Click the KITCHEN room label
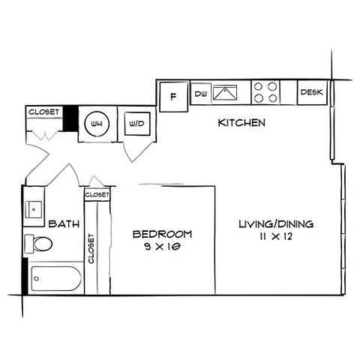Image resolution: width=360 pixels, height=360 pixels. click(241, 123)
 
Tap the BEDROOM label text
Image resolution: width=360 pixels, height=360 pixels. click(162, 234)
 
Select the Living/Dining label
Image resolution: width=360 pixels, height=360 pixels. click(276, 224)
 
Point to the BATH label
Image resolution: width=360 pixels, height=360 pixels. click(64, 223)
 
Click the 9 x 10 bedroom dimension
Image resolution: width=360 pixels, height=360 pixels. click(162, 247)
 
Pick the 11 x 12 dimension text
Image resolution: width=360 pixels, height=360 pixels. click(276, 236)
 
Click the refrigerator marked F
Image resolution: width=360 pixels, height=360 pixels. click(173, 97)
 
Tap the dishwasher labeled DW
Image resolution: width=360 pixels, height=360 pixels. click(201, 94)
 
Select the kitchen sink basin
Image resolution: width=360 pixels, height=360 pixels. click(225, 92)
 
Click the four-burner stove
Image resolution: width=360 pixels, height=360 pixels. click(265, 92)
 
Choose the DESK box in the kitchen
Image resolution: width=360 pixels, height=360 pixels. click(312, 92)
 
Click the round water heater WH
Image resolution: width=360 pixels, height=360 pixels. click(97, 124)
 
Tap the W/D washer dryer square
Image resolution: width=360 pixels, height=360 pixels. click(137, 124)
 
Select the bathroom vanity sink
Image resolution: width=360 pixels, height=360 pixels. click(34, 209)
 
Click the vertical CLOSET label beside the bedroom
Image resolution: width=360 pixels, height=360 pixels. click(91, 249)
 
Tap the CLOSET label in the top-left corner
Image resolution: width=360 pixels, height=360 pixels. click(44, 112)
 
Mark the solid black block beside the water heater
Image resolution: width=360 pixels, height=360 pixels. click(70, 118)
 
